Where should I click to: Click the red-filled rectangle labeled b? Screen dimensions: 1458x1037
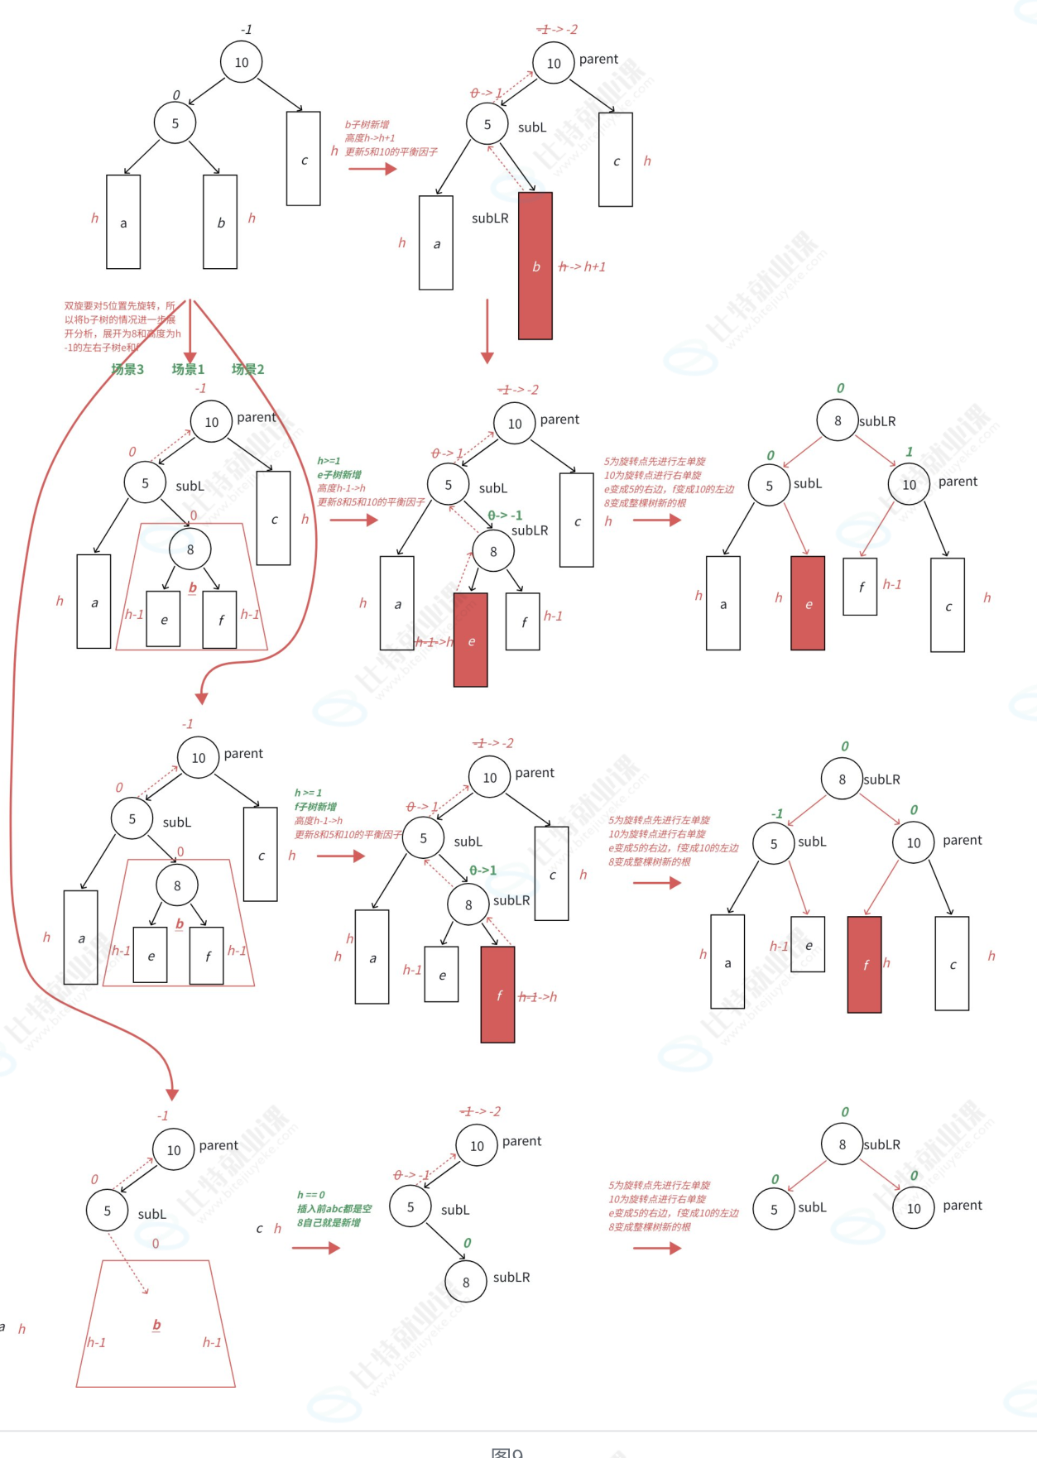535,266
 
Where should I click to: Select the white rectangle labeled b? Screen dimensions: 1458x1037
220,222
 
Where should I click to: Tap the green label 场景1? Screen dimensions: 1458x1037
188,369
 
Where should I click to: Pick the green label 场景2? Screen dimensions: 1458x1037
247,369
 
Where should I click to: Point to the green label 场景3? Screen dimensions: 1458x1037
127,369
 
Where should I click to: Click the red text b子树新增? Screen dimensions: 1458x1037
367,125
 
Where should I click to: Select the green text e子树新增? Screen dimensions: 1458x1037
339,475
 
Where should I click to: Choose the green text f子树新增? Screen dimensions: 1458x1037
315,807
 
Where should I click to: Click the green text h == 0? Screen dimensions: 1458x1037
311,1195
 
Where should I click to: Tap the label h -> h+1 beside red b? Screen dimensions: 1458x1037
583,266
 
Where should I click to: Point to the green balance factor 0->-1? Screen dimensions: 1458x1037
505,516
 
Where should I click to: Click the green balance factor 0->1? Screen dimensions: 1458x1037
483,870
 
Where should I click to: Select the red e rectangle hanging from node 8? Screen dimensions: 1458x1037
471,640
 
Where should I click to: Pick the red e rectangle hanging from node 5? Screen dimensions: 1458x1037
808,603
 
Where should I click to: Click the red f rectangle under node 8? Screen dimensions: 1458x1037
498,995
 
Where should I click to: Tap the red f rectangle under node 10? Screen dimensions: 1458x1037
865,964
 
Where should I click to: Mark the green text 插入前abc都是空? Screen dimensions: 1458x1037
334,1209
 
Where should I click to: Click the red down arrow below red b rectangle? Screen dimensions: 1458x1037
487,331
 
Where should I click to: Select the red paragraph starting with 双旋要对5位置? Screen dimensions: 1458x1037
121,327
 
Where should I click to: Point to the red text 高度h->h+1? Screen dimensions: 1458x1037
370,138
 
